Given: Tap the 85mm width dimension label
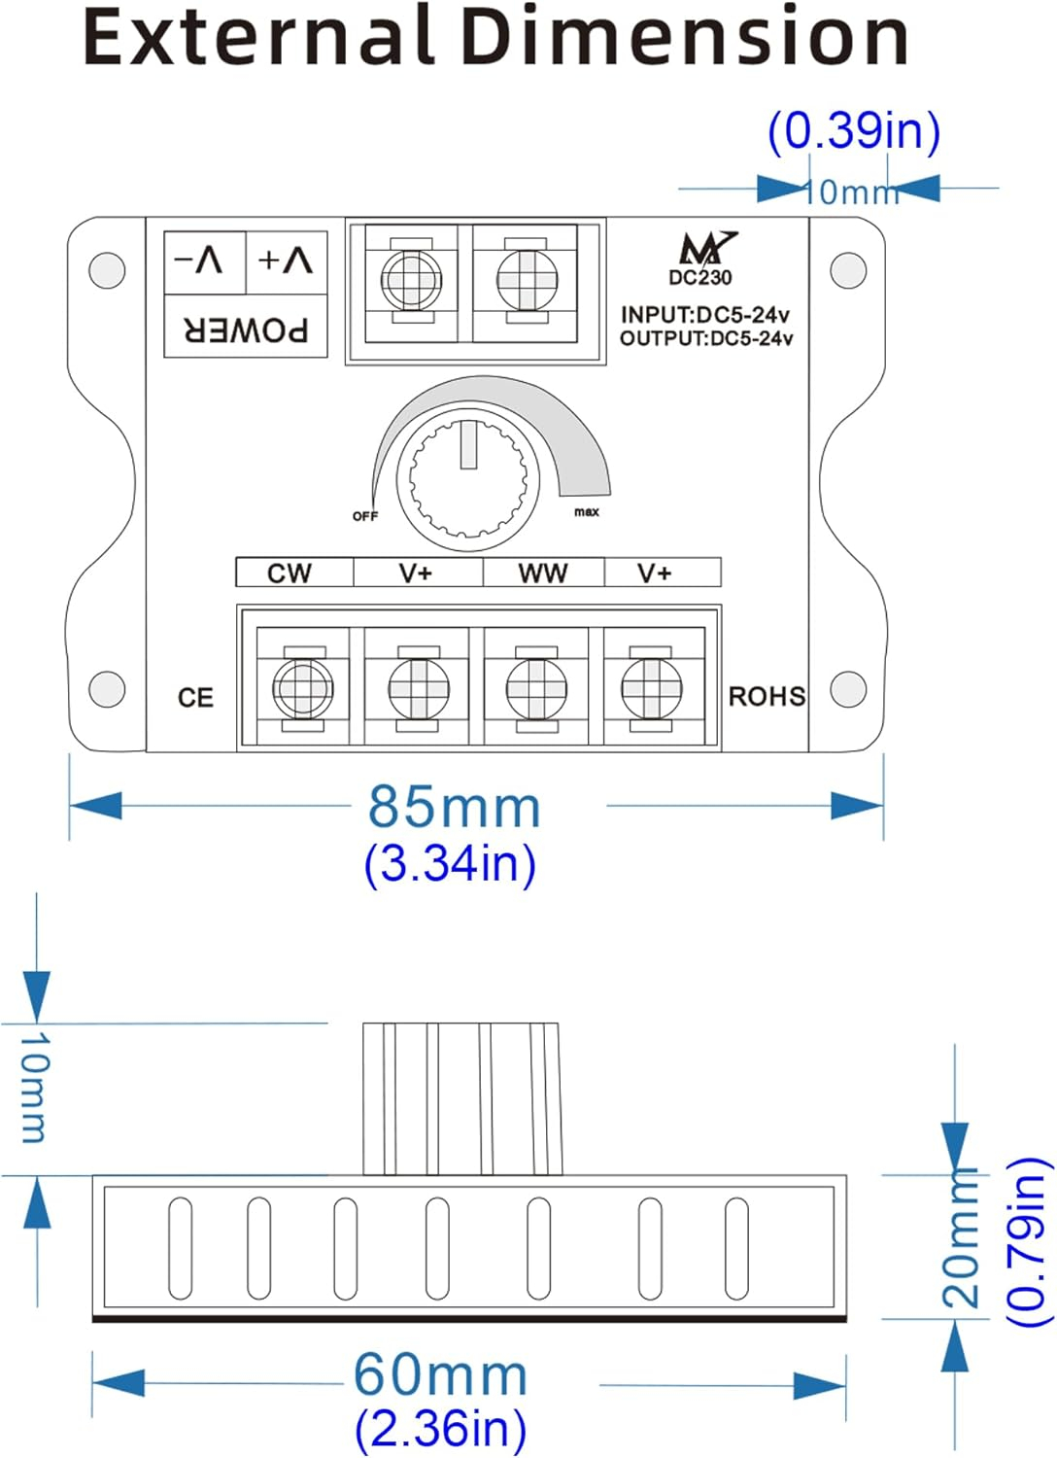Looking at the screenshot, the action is [454, 808].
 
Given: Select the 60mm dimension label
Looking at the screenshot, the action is [440, 1375].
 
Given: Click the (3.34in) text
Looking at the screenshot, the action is [450, 864].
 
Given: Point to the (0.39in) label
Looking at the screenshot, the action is [854, 131].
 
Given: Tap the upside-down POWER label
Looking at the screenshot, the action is [246, 330].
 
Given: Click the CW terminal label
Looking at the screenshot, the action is [289, 573].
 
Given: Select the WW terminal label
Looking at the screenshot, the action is [542, 573].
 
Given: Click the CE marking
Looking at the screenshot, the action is [195, 698].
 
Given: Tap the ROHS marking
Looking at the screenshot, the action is [767, 697].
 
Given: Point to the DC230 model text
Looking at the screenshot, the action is [700, 277].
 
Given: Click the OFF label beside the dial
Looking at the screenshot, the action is [365, 516].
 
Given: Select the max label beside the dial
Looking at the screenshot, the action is [586, 512].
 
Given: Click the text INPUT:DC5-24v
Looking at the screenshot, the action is [705, 315].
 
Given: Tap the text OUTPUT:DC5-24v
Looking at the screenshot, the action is [706, 338].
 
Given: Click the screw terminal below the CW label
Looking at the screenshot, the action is [303, 688].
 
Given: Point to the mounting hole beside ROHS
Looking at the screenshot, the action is [848, 688].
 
